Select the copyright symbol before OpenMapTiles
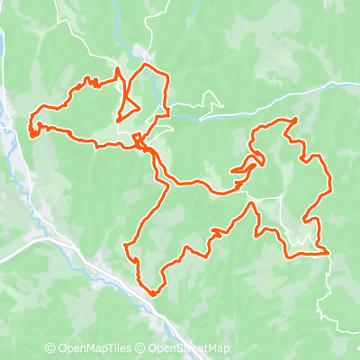click(50, 349)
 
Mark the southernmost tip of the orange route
click(154, 293)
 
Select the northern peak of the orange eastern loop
click(295, 119)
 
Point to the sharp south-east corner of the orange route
click(327, 254)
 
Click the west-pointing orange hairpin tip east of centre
click(232, 170)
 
